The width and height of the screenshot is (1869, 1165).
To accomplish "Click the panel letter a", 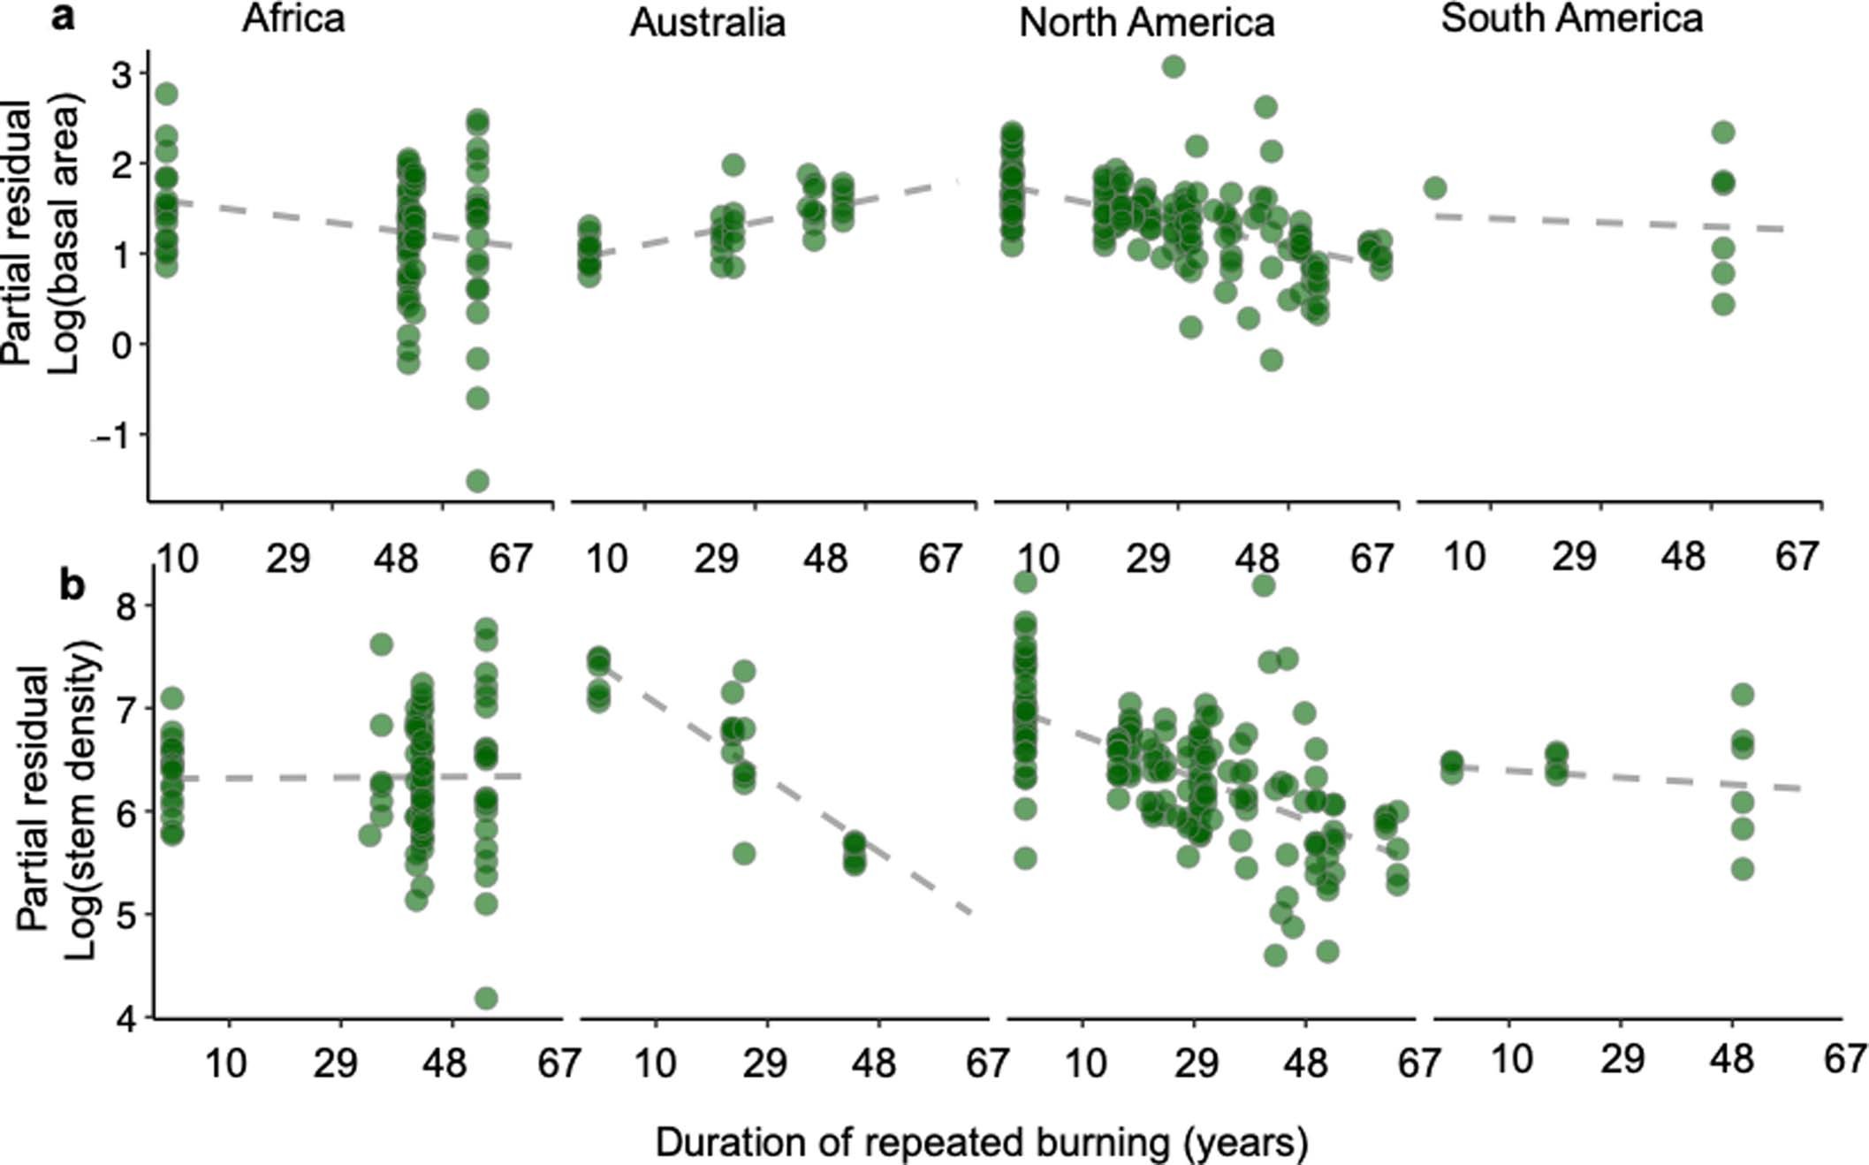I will click(x=63, y=17).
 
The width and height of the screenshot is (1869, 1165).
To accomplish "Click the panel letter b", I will click(x=72, y=585).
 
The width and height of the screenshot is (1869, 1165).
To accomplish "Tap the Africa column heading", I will click(x=293, y=19).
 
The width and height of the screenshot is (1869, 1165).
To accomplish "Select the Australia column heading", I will click(x=707, y=23).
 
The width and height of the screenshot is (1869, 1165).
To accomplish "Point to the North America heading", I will click(x=1146, y=23).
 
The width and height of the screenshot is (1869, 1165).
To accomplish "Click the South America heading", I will click(x=1571, y=19).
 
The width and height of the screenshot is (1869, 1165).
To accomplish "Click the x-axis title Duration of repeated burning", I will click(x=981, y=1143).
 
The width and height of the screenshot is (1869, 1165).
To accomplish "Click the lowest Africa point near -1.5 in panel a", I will click(x=477, y=481).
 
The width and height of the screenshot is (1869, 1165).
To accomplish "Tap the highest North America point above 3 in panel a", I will click(x=1173, y=66).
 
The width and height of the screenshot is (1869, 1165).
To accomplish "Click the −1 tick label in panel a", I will click(x=113, y=437).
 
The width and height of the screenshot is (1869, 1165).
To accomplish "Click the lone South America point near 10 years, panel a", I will click(x=1434, y=187).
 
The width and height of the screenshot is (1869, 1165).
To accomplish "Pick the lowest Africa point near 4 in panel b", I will click(x=486, y=998).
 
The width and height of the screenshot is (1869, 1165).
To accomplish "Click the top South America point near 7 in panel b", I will click(x=1742, y=695).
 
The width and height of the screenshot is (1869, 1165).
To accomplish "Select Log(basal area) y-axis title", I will click(x=64, y=234).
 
